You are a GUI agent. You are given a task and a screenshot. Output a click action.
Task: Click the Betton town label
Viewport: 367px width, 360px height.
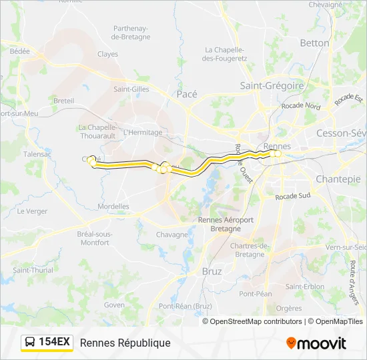tap(314, 43)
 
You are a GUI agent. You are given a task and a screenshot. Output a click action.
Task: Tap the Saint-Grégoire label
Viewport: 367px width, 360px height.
tap(272, 85)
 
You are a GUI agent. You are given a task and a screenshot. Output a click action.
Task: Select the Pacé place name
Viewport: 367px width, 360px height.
tap(187, 94)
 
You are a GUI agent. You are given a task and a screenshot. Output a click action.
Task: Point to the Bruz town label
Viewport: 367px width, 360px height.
tap(212, 271)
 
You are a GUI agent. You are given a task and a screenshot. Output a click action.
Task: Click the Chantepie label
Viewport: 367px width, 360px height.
tap(338, 179)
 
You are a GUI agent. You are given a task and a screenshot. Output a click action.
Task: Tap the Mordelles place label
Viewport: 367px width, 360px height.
tap(113, 207)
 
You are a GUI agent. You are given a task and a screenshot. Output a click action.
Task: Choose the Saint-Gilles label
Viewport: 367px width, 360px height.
tap(131, 89)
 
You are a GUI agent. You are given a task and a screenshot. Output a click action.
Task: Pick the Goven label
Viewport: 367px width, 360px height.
tap(114, 305)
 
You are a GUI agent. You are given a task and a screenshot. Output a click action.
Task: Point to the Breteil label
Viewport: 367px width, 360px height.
tap(63, 101)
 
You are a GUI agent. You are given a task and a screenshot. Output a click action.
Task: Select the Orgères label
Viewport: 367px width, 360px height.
tap(289, 308)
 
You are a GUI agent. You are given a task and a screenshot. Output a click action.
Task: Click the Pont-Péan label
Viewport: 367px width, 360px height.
tap(256, 293)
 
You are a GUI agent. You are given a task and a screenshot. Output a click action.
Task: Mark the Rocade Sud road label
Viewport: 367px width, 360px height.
tap(294, 196)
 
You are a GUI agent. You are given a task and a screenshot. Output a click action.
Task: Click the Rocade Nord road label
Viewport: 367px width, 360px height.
tap(301, 106)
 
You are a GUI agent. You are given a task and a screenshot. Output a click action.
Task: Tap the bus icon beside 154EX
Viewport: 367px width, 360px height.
tap(31, 343)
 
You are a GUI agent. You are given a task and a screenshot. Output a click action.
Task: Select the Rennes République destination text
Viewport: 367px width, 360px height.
tap(125, 343)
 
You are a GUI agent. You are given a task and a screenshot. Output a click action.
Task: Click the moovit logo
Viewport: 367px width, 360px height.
tap(316, 343)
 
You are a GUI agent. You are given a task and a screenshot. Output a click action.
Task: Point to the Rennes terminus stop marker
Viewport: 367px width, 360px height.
tap(278, 154)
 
